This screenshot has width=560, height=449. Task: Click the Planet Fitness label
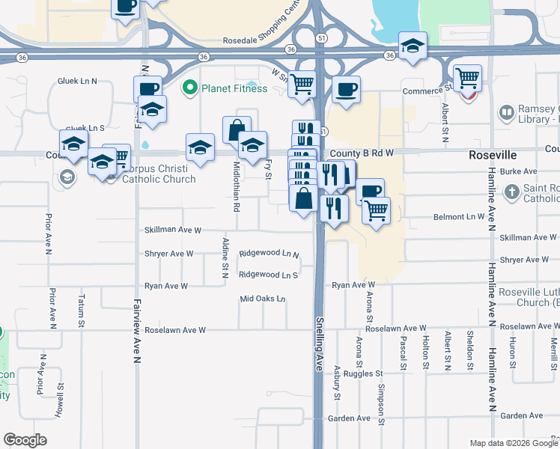click(234, 88)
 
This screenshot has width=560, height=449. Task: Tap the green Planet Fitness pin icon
click(189, 88)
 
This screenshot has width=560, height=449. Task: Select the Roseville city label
click(493, 154)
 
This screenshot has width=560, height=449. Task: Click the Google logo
click(25, 440)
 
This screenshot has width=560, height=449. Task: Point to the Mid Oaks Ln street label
click(263, 299)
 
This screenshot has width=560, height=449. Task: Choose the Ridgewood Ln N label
click(269, 254)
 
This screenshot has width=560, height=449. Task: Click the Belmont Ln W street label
click(460, 217)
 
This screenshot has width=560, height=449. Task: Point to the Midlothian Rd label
click(236, 186)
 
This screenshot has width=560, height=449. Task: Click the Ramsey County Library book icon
click(507, 112)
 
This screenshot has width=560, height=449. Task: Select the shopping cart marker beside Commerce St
click(467, 78)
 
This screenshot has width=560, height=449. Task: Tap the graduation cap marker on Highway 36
click(413, 46)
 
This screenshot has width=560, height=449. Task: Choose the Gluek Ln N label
click(78, 81)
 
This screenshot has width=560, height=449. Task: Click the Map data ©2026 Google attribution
click(514, 443)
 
